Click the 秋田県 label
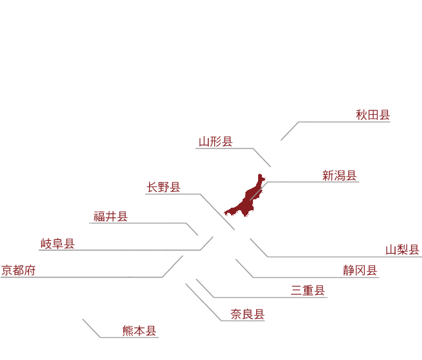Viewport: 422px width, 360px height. [x=373, y=115]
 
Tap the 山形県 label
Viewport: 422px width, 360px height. [x=216, y=141]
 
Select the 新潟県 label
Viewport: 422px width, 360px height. [x=339, y=175]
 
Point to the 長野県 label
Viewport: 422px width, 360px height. [x=163, y=187]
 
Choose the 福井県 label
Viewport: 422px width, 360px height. [x=110, y=216]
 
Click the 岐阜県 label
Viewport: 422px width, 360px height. [x=57, y=243]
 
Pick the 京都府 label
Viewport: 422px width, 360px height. [x=18, y=270]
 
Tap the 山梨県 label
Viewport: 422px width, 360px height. [x=403, y=250]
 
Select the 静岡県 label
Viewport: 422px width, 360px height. [x=360, y=270]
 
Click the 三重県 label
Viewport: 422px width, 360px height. [x=308, y=290]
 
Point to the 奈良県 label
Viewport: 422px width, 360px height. [x=248, y=314]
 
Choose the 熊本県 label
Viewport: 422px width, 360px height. [x=139, y=331]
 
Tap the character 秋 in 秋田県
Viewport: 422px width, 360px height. [x=361, y=115]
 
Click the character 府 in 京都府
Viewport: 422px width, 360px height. [x=30, y=270]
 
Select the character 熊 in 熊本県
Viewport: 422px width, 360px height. [x=128, y=331]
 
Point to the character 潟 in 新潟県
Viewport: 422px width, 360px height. [x=339, y=175]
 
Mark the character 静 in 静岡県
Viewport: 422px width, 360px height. [x=349, y=270]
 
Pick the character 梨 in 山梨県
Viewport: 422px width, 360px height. [x=403, y=250]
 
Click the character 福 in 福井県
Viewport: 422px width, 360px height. [x=99, y=216]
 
